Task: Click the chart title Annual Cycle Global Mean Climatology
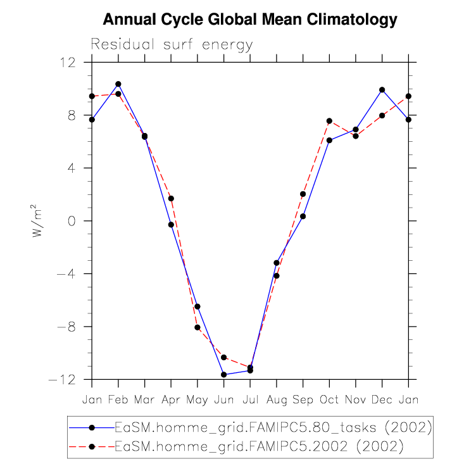[249, 20]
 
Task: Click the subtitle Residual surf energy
[172, 45]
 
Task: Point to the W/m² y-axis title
[39, 221]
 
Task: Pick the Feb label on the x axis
[118, 399]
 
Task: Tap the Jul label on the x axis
[250, 399]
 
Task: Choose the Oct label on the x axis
[329, 399]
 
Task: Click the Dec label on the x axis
[382, 399]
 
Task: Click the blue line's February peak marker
[118, 84]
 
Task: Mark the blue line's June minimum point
[223, 375]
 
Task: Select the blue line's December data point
[382, 90]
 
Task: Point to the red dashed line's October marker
[329, 121]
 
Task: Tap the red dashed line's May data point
[198, 327]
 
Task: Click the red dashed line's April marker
[171, 199]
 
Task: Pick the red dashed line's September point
[303, 194]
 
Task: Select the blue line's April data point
[171, 225]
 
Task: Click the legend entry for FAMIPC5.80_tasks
[272, 427]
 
